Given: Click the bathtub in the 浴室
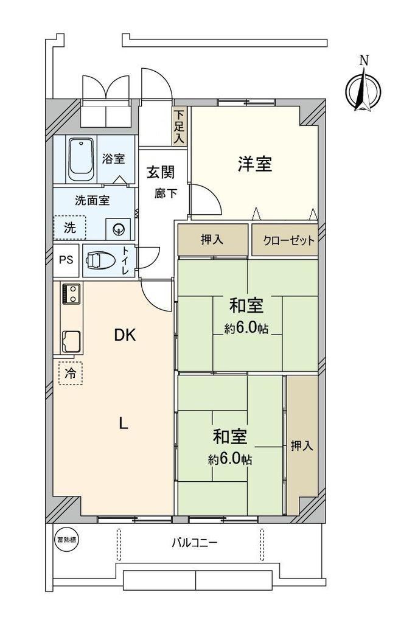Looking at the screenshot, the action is point(81,160).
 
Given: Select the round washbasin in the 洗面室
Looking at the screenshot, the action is point(118,229).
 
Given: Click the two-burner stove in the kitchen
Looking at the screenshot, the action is point(71,294).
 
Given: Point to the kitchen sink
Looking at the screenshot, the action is point(71,341).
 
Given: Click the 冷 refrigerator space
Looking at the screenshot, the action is point(71,373).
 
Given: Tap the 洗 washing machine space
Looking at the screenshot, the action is point(70,228).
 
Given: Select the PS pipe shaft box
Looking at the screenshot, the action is point(66,260).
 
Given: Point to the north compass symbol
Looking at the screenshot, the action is point(363,90).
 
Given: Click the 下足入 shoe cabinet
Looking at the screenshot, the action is point(180,127).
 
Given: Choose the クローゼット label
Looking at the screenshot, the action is point(288,240).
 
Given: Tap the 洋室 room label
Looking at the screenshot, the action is point(255,164).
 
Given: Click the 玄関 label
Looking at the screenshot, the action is point(161,172).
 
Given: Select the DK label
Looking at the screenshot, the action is point(125,335).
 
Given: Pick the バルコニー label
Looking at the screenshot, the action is point(195,542).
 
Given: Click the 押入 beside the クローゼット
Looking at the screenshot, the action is point(212,240).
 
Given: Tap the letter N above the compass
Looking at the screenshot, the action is point(364,60).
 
